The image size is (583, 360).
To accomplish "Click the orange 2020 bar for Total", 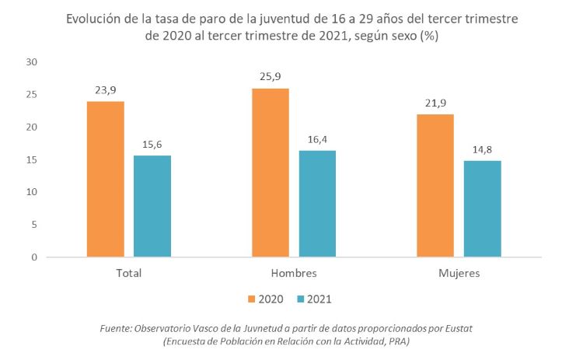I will pos(106,179).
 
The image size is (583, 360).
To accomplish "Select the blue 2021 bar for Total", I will pos(152,206).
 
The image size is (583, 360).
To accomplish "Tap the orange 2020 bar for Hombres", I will pos(271,173).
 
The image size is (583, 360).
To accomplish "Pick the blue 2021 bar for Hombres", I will pos(317,204).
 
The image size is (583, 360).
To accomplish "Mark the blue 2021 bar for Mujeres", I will pos(482,208).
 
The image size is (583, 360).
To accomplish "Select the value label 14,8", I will pos(482,149).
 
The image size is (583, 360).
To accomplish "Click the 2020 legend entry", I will pos(265,299).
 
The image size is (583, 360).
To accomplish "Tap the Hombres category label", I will pos(294,274).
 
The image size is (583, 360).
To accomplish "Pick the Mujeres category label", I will pos(459,274).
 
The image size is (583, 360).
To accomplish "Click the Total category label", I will pos(129,274).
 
